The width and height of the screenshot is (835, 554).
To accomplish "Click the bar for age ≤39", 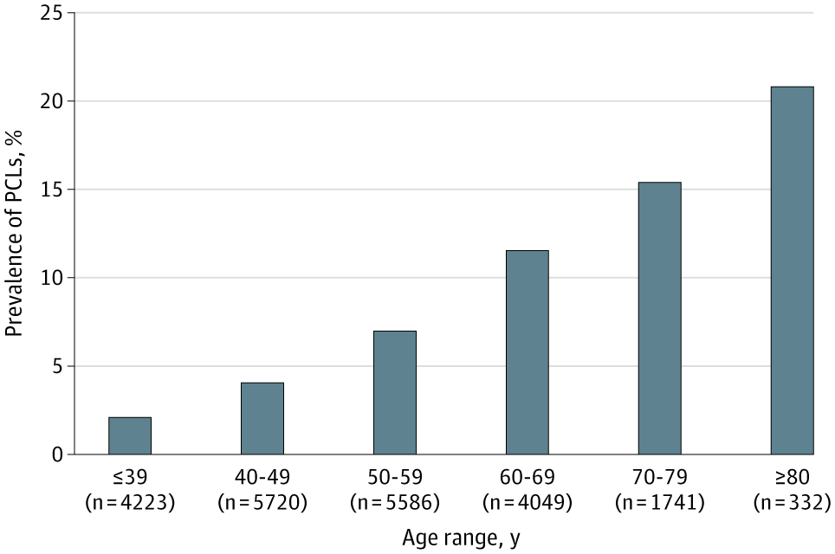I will pyautogui.click(x=130, y=436).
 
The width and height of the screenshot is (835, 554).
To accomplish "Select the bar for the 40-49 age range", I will pyautogui.click(x=262, y=419).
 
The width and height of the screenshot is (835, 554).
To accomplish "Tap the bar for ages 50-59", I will pyautogui.click(x=395, y=393).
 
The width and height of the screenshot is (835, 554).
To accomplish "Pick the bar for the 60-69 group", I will pyautogui.click(x=528, y=353).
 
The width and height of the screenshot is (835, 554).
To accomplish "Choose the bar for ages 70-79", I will pyautogui.click(x=659, y=319).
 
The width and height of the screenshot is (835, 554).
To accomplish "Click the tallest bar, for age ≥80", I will pyautogui.click(x=792, y=271).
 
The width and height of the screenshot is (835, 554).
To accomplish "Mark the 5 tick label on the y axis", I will pyautogui.click(x=57, y=366).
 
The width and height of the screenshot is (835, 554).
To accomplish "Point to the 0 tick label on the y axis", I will pyautogui.click(x=57, y=454).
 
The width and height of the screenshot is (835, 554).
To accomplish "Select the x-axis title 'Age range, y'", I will pyautogui.click(x=462, y=538).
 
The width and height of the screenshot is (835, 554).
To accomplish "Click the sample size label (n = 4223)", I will pyautogui.click(x=130, y=501).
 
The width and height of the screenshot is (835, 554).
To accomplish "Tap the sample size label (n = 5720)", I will pyautogui.click(x=262, y=501).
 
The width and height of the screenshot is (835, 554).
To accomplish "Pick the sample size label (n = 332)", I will pyautogui.click(x=792, y=501).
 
